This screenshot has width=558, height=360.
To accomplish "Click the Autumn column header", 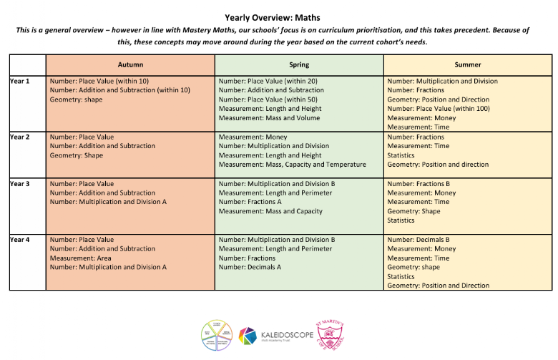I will coord(130,64).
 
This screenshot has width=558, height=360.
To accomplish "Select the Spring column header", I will coord(299,64).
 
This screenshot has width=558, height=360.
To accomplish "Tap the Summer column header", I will coord(468,64).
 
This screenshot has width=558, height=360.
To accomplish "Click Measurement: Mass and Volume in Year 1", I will coord(269,117).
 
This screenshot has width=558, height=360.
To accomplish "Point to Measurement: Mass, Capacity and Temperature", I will coord(292,165).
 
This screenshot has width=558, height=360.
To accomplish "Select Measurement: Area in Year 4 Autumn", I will coord(82,258).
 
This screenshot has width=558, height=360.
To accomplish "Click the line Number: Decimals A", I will coord(250,267).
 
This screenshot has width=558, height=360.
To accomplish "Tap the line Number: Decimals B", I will coord(418,240).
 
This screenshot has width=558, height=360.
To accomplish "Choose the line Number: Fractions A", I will coord(250,202).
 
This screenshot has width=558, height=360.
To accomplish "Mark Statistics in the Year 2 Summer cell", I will coord(401,155).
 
